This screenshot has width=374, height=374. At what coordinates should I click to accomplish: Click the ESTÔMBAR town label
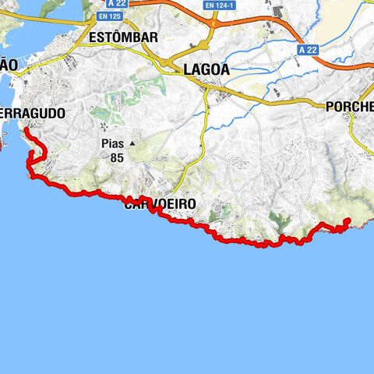123,37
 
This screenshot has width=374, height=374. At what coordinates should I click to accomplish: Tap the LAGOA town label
206,69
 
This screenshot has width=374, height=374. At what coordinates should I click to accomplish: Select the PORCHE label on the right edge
350,106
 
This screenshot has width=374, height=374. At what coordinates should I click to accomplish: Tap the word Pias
114,144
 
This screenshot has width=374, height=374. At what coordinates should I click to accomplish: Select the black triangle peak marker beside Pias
132,144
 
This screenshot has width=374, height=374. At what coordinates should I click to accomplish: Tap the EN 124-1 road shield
221,5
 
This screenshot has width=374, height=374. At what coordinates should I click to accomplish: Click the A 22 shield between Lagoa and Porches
307,49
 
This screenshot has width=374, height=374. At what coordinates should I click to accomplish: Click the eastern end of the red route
347,224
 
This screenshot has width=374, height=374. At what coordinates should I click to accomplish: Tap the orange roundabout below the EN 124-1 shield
211,25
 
